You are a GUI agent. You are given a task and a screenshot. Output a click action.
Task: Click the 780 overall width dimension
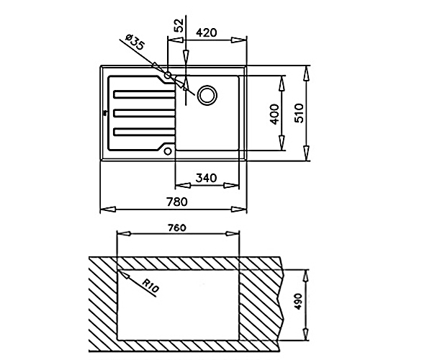coord(176,202)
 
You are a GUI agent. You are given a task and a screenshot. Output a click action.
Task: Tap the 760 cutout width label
coord(176,228)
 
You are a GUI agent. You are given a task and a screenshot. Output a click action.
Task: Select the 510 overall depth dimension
coord(299,113)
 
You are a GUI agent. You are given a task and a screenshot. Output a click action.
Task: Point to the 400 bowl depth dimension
coord(274,114)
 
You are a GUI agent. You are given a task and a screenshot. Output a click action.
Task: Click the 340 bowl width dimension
coord(207,178)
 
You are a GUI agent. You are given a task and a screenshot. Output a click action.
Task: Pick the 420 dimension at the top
coord(207,32)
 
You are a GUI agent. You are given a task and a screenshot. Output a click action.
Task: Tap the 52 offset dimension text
coord(179,25)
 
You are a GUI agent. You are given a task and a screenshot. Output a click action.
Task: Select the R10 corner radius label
coord(150,286)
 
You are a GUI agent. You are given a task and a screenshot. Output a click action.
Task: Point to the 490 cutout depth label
coord(298,302)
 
